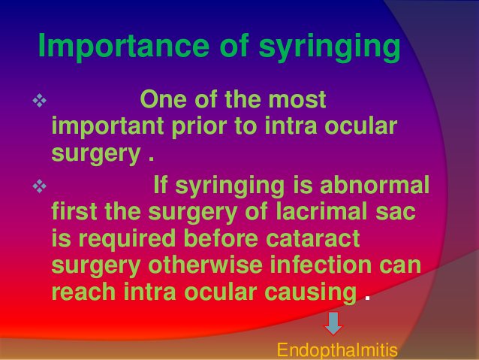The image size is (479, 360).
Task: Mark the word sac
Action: (x=396, y=212)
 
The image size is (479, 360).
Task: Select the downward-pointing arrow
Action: (x=333, y=324)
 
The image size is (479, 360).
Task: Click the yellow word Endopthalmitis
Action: (x=336, y=350)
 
